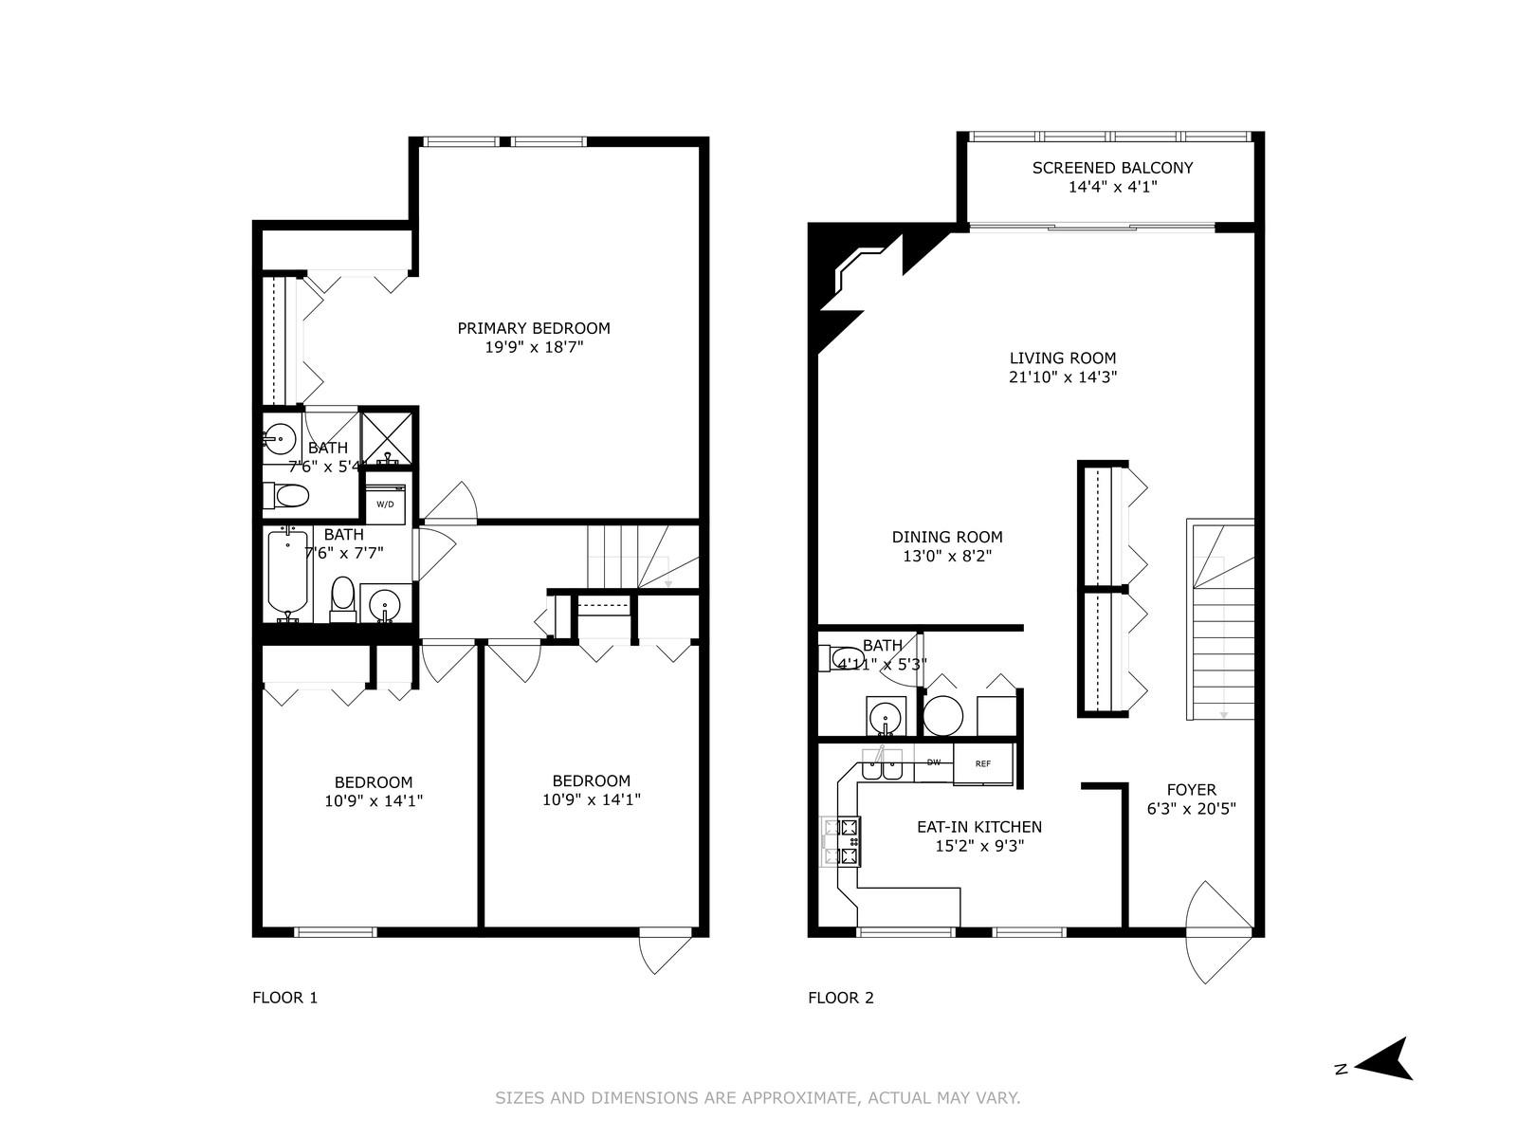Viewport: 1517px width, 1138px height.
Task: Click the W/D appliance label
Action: point(385,505)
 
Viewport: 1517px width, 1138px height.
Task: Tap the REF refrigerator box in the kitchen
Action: point(983,763)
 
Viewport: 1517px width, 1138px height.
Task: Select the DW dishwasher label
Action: point(934,762)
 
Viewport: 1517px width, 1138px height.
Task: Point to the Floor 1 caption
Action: point(284,998)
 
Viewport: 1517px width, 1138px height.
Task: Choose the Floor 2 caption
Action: point(841,998)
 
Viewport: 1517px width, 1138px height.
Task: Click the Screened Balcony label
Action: point(1113,168)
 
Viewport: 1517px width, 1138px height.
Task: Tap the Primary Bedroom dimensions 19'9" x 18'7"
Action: point(534,347)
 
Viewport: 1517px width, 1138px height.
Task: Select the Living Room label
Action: point(1063,358)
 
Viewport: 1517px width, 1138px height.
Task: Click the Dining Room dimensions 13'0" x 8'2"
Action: point(947,557)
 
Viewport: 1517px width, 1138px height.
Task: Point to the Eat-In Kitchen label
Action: point(979,827)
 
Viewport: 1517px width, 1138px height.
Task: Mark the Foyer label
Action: point(1192,790)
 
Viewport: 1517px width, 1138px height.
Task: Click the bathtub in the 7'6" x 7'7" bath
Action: point(287,571)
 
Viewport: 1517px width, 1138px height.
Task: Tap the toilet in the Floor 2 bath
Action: point(841,657)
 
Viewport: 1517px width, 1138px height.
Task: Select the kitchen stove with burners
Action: point(841,841)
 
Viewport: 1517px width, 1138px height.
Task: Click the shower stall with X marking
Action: point(387,438)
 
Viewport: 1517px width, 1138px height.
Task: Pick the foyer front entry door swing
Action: point(1219,932)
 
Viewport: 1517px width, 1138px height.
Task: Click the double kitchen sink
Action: point(882,765)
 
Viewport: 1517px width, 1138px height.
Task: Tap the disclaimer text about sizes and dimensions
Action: point(758,1098)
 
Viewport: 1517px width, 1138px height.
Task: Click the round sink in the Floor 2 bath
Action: point(884,716)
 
